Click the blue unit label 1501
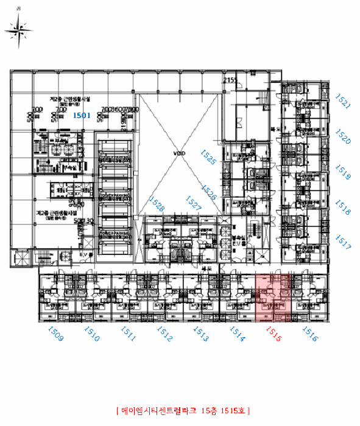click(x=82, y=114)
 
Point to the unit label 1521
click(x=344, y=100)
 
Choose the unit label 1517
click(x=344, y=244)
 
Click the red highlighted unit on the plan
click(x=271, y=296)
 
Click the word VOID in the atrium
click(x=178, y=153)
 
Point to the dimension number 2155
click(x=230, y=80)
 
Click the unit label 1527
click(x=193, y=203)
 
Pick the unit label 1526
click(x=210, y=193)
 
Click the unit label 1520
click(x=344, y=136)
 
